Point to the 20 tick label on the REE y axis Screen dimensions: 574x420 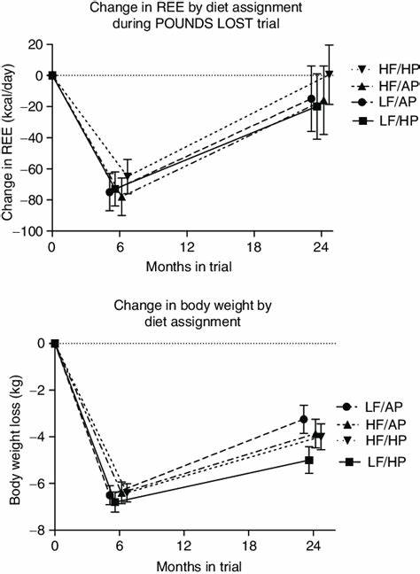pos(35,44)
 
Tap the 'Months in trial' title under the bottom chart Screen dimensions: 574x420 pos(187,563)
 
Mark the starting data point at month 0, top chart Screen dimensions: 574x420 pos(52,75)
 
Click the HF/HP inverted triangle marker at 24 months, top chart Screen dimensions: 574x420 pos(329,74)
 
